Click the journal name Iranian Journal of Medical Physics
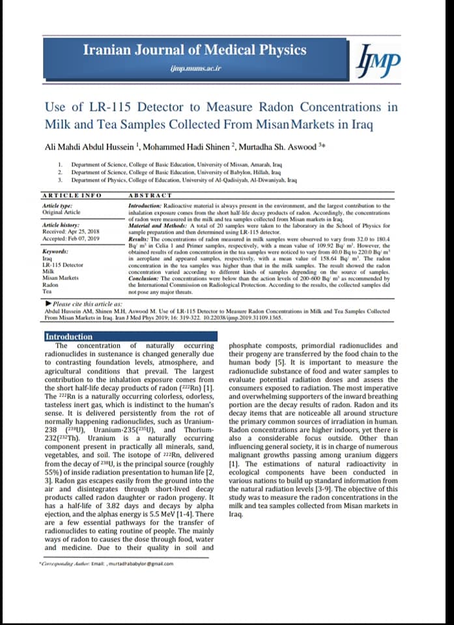click(x=195, y=49)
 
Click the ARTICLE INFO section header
click(x=72, y=195)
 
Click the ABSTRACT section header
click(x=150, y=195)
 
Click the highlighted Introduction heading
click(x=68, y=337)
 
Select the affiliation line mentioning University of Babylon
click(x=176, y=173)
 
